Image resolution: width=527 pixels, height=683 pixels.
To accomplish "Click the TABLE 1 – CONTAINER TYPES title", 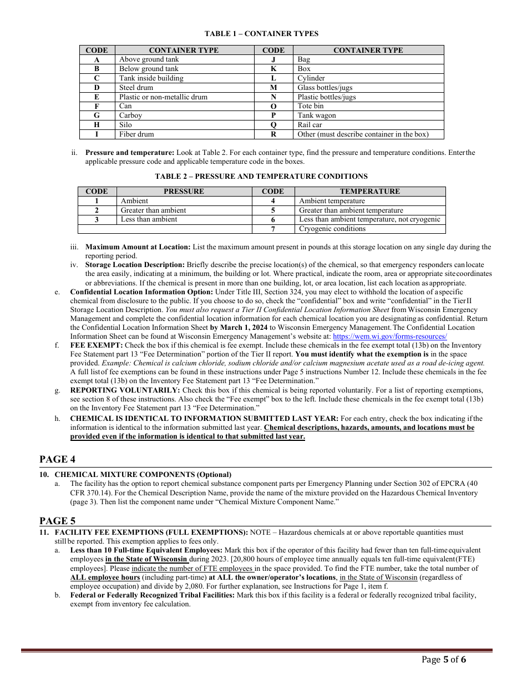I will [261, 34].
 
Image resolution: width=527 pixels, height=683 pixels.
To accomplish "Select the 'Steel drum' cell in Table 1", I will [136, 88].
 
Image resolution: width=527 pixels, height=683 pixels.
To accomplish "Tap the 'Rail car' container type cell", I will [310, 125].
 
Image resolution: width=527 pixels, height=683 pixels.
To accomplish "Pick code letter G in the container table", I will [97, 115].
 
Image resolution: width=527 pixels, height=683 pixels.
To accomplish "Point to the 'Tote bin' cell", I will [311, 106].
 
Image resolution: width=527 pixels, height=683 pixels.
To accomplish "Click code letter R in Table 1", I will [273, 134].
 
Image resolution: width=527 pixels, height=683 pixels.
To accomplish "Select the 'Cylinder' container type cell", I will [311, 78].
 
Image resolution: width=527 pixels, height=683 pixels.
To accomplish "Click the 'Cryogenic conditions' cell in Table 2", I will [332, 229].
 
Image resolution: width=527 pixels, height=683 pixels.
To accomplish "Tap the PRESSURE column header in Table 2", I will [184, 192].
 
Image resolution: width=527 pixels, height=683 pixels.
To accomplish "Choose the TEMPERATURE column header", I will [369, 192].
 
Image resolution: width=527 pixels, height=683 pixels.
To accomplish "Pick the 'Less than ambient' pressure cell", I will [149, 219].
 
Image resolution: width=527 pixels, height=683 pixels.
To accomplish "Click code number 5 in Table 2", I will [273, 210].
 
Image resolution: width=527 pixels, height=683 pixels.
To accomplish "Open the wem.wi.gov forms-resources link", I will [389, 337].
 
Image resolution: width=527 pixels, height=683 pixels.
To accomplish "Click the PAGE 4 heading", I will [57, 459].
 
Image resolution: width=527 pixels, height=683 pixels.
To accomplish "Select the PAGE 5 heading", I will [57, 521].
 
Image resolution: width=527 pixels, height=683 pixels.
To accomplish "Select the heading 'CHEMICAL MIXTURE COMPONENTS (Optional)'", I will [143, 475].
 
